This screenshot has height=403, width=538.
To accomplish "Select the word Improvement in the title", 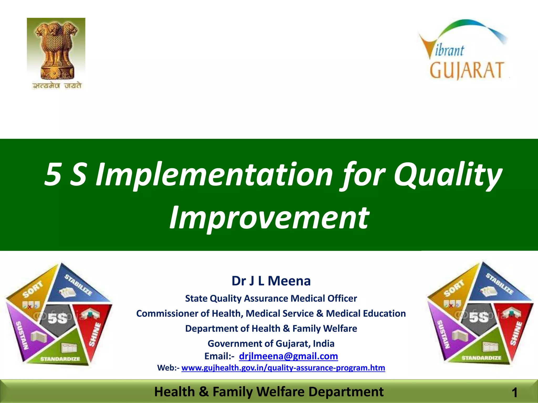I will click(269, 218).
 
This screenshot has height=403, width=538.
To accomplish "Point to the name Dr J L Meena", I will click(271, 281).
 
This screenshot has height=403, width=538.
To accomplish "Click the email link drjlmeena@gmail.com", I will click(288, 356).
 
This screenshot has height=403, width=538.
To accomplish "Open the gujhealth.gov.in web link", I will click(283, 368).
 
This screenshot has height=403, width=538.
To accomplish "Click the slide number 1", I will click(514, 393).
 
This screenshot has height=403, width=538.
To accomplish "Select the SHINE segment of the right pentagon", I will click(515, 333).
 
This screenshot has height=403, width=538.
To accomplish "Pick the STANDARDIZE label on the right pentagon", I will click(481, 358).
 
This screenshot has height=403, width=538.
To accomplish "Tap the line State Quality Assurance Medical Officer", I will click(271, 299).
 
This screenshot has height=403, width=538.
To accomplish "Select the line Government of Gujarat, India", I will click(271, 343).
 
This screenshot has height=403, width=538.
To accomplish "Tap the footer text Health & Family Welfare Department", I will click(269, 392).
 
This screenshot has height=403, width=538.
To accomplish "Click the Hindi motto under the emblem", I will click(57, 86).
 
